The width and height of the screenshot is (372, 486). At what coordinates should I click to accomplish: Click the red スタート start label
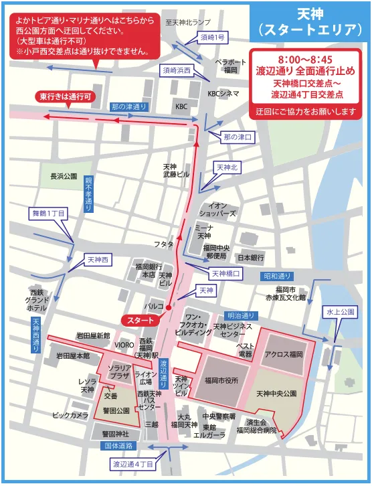(140, 321)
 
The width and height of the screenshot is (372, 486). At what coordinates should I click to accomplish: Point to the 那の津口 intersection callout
(238, 137)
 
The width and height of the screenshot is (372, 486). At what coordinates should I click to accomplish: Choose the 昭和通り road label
(278, 276)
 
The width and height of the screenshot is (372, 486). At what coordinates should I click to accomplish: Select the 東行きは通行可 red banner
(65, 96)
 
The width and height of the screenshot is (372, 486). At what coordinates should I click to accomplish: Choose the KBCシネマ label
(223, 93)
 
